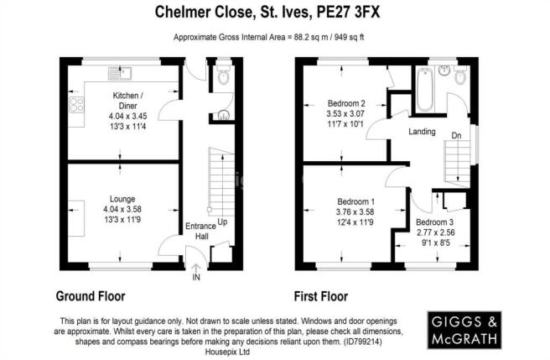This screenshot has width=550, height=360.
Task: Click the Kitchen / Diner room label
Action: point(127,101)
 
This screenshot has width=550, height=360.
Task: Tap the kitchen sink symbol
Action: point(120,74)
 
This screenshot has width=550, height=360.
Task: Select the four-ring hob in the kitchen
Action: point(76,105)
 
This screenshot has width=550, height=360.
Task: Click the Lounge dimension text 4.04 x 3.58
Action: point(122,209)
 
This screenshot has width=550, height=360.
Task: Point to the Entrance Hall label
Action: point(200,231)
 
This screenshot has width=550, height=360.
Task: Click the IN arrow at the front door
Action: point(196,272)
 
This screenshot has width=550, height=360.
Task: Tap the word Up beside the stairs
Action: point(222,222)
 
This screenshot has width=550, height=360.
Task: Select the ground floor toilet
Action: point(223,75)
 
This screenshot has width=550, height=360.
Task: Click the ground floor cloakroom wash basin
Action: point(223,115)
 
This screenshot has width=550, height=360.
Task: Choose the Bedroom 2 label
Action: point(346,103)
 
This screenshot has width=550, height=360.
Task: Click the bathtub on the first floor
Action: point(425,90)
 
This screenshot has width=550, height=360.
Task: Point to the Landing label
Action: point(422,132)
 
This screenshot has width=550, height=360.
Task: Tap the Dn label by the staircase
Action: point(456,135)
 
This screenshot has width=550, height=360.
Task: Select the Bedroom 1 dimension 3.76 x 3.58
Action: point(355,212)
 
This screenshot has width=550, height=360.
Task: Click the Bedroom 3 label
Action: point(434,222)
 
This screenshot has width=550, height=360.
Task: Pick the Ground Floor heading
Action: point(91,296)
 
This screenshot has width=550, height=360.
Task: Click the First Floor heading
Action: point(320,296)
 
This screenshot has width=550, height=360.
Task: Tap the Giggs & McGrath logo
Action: point(464,330)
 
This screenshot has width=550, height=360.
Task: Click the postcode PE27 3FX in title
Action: point(348,13)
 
